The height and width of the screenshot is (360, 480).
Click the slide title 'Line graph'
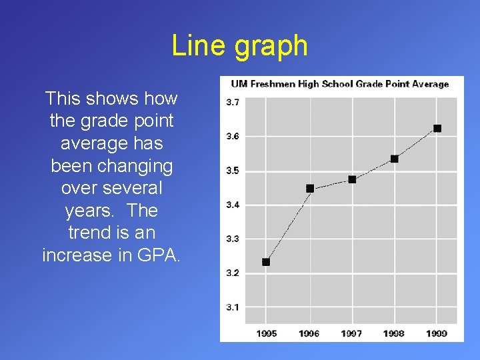point(240,46)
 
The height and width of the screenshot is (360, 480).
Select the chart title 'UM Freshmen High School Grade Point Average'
point(339,84)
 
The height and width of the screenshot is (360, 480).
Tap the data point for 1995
point(266,262)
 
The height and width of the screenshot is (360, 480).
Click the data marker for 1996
point(309,189)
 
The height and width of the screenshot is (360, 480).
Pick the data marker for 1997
point(352,179)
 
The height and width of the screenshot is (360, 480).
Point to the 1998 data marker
point(395,159)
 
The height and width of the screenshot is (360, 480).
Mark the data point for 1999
point(437,128)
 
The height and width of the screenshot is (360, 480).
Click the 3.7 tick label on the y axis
point(233,102)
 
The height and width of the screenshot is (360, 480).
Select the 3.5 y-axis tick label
point(233,171)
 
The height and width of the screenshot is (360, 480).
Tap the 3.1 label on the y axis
point(233,307)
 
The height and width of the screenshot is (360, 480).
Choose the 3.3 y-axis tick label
point(233,239)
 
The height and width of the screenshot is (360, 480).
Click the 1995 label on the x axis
point(266,333)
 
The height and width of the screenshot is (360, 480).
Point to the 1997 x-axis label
point(352,333)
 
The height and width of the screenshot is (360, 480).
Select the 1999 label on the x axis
point(437,333)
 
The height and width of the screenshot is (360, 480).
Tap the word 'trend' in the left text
point(89,233)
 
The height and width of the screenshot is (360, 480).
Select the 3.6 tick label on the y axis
point(233,136)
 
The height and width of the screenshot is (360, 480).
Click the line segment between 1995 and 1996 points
point(287,225)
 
